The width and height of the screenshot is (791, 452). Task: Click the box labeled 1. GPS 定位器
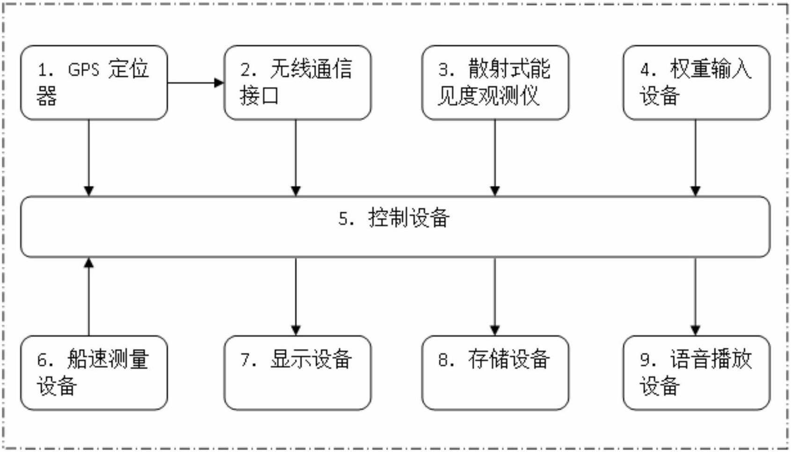point(94,83)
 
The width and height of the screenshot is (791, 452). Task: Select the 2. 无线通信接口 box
point(298,83)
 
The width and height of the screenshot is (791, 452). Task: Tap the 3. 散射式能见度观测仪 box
point(495,83)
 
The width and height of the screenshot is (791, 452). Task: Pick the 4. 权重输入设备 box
point(697,83)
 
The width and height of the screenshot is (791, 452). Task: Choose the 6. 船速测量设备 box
point(94,373)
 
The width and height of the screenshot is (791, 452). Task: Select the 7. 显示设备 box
point(298,373)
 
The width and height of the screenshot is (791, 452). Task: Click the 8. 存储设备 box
point(495,373)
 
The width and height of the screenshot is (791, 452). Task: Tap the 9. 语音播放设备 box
point(697,373)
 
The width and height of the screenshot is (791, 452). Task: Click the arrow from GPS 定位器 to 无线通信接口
point(196,83)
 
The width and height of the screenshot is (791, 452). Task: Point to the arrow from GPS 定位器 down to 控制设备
point(88,158)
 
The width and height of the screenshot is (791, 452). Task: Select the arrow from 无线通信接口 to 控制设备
point(296,158)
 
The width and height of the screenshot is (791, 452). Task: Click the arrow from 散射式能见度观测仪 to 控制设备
point(495,158)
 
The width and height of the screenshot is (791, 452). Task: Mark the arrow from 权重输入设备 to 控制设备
point(696,158)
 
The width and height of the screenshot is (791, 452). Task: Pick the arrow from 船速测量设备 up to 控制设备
point(88,297)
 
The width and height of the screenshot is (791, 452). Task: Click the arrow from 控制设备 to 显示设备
point(296,297)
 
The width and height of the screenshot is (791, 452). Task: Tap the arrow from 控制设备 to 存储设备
point(495,297)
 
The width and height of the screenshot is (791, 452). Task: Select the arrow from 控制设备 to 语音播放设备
point(696,297)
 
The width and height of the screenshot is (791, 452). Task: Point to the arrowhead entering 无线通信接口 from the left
point(219,83)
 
